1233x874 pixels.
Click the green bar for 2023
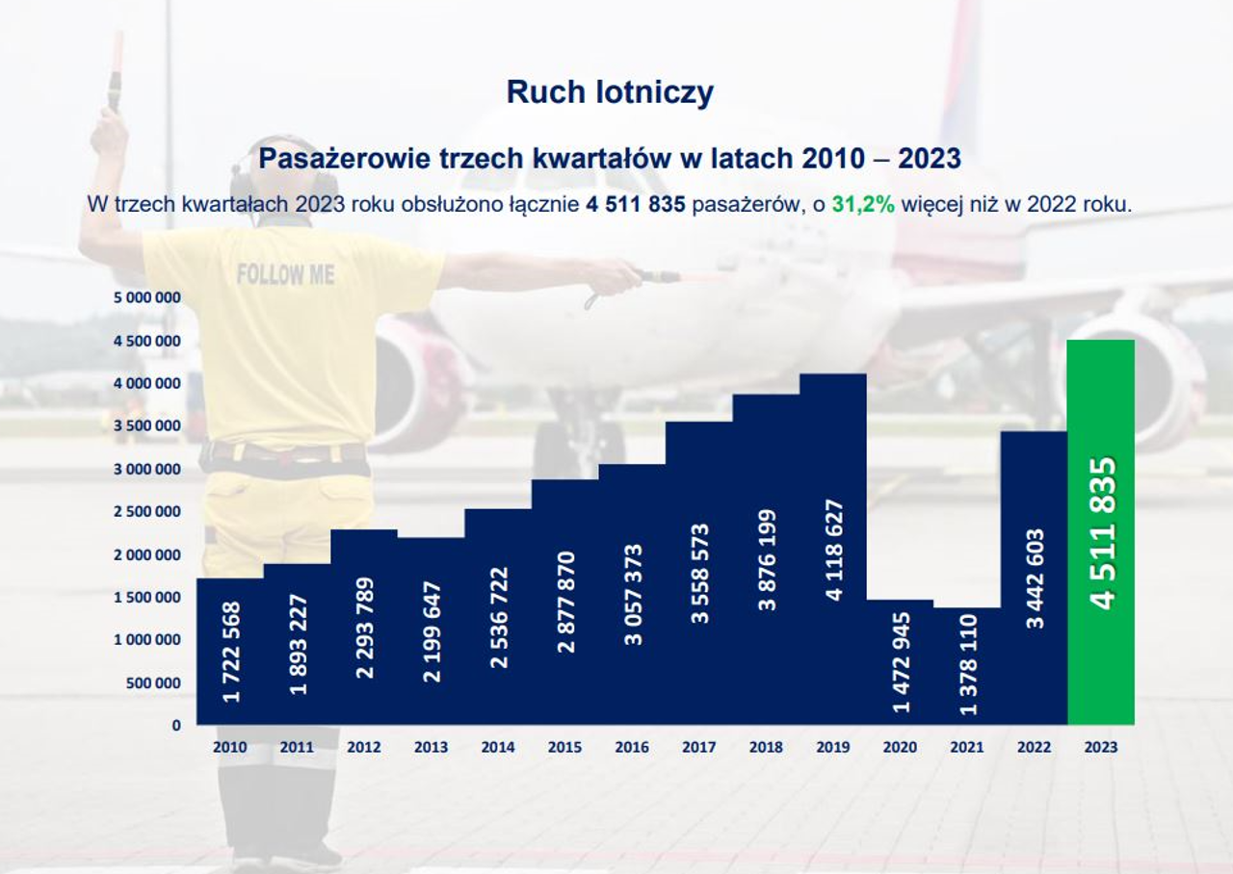1101,532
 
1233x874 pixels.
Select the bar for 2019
833,549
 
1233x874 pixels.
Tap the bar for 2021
967,666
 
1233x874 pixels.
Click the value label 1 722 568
231,652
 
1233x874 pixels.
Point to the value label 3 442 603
1035,578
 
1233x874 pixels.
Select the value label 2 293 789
365,628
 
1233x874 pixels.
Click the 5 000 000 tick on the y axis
147,297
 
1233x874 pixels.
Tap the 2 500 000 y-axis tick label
147,511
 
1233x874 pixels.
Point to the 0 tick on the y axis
176,726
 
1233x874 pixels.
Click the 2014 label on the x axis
498,747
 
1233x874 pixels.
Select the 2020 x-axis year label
900,747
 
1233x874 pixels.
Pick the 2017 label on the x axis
699,747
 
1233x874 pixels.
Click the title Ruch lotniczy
610,91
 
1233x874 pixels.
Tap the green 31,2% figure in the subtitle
863,204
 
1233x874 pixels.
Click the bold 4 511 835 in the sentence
635,204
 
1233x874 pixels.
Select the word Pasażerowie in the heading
345,159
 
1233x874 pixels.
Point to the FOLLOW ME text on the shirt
285,274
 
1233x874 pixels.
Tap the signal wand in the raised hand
115,71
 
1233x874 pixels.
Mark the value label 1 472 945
901,663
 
